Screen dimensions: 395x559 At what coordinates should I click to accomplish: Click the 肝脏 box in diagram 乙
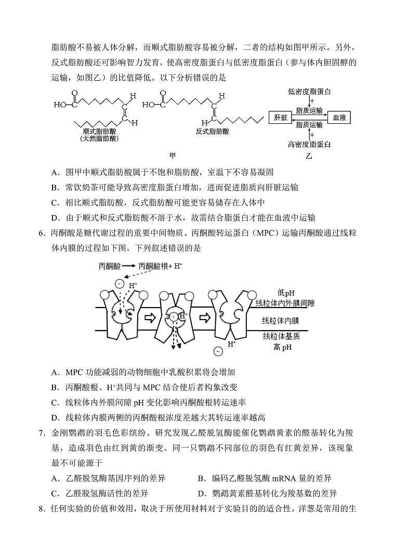280,118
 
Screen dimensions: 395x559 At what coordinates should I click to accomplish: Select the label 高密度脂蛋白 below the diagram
310,144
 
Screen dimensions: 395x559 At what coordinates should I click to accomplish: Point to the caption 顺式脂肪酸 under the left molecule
99,132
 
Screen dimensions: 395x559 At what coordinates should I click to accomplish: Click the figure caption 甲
173,155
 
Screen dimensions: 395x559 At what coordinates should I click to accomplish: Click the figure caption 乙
309,155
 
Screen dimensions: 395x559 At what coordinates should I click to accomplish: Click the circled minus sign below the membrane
218,351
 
